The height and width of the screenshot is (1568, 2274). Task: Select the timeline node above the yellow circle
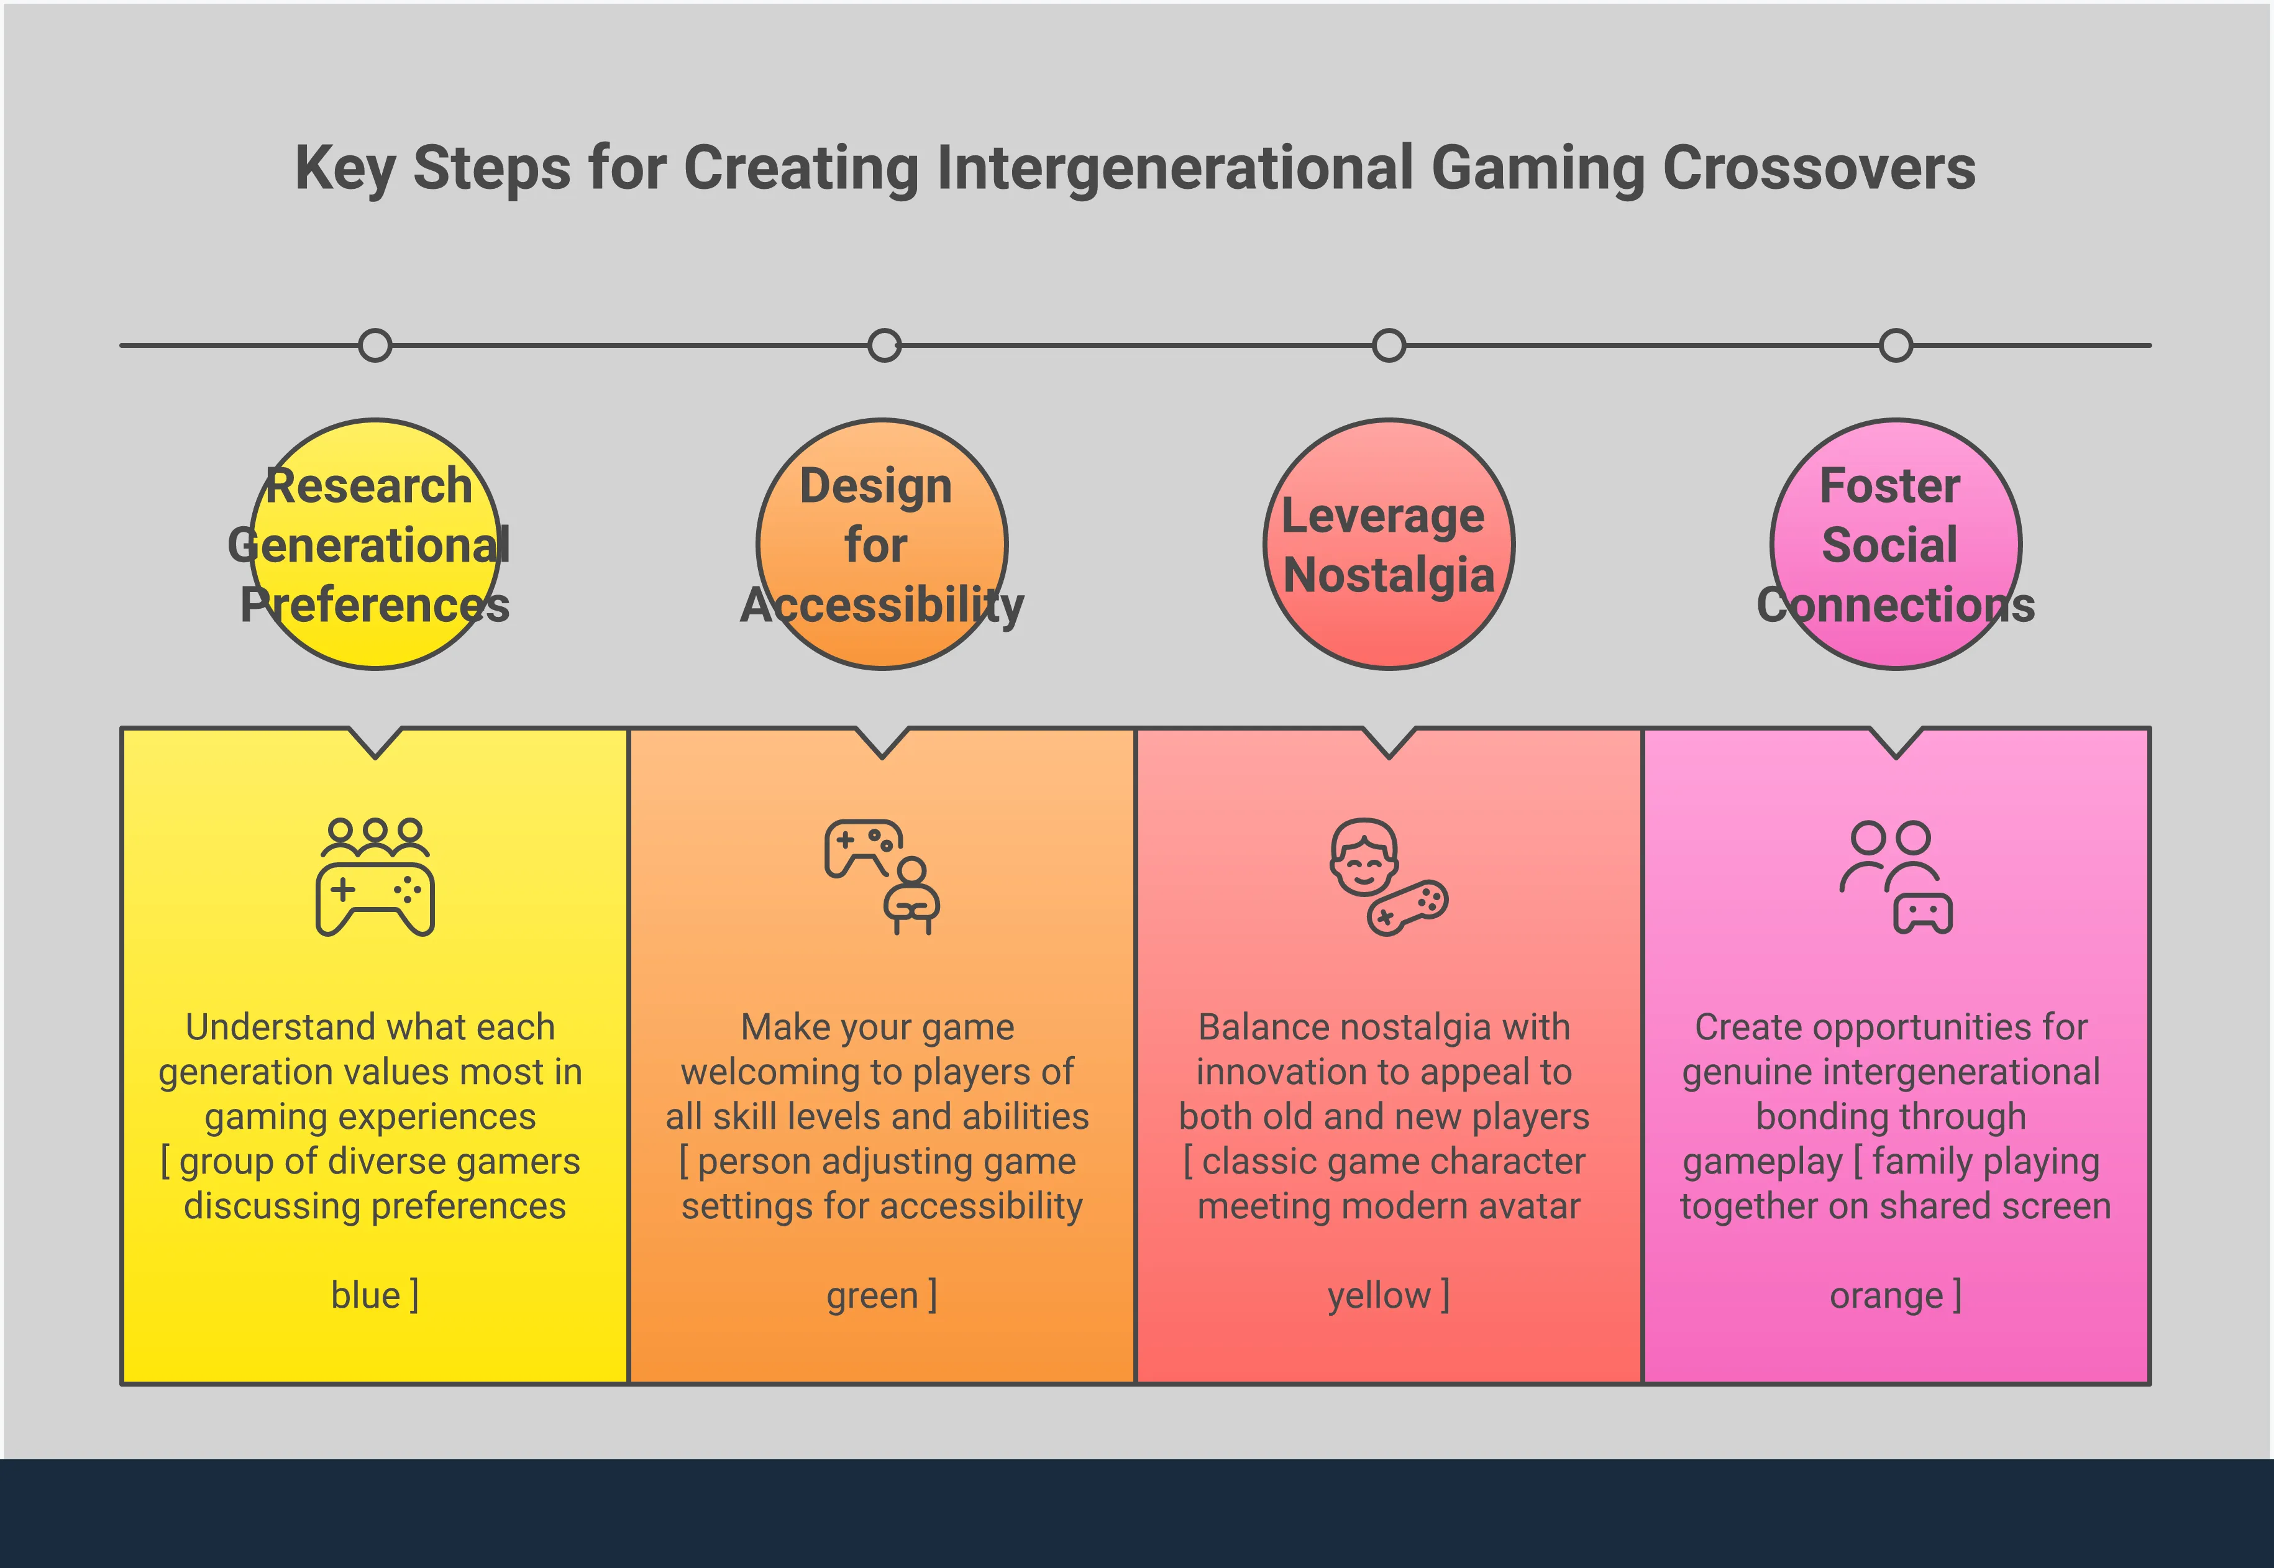[x=375, y=346]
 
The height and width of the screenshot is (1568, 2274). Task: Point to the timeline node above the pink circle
[x=1896, y=346]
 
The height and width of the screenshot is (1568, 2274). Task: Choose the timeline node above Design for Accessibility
[x=884, y=346]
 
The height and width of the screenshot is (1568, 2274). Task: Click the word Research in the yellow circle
[x=369, y=485]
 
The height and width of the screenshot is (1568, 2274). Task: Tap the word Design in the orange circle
[x=875, y=485]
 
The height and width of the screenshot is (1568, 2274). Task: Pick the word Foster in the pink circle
[x=1890, y=485]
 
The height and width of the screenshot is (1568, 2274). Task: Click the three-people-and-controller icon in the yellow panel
[x=375, y=877]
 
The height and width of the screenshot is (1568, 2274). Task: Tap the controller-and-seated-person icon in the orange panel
[x=882, y=877]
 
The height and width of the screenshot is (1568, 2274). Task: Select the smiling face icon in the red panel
[x=1364, y=857]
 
